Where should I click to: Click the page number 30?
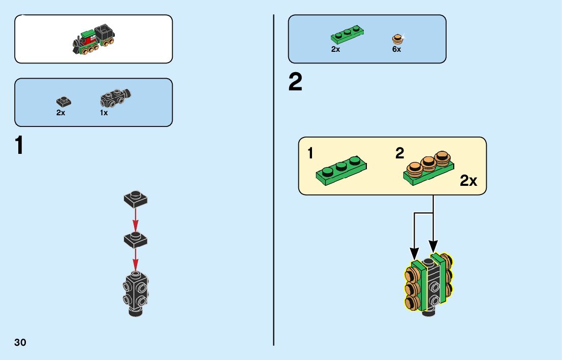20,342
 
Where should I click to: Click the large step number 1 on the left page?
19,146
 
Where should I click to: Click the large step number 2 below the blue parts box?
295,83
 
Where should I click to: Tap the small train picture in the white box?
93,40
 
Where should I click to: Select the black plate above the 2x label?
64,101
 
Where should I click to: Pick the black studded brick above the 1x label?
116,97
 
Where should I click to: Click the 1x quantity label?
104,113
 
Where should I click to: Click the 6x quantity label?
396,50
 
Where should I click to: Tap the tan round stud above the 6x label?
398,39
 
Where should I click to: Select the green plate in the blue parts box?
347,35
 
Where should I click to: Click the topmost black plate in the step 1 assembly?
136,198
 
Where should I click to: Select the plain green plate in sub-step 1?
341,171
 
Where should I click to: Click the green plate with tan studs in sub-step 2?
430,168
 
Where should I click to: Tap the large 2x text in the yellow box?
469,181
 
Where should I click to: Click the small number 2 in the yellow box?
400,153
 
